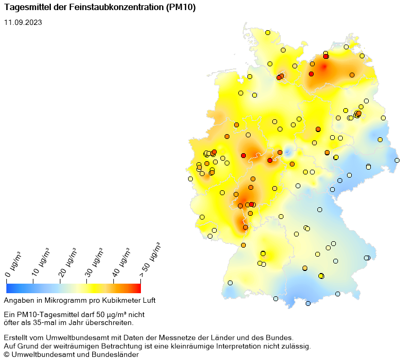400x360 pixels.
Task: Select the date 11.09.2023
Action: coord(23,22)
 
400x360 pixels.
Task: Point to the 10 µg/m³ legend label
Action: coord(40,261)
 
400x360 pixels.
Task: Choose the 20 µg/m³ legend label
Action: coord(67,261)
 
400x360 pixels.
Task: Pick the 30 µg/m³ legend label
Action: coord(94,261)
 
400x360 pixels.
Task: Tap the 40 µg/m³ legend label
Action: coord(121,261)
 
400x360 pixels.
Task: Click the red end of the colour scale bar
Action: coord(138,288)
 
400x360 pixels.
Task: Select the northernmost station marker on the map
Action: coord(268,33)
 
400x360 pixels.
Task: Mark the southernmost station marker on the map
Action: coord(308,304)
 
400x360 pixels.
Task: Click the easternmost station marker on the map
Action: coord(397,160)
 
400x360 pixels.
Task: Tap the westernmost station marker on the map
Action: coord(190,179)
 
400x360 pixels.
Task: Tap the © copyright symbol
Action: coord(7,355)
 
